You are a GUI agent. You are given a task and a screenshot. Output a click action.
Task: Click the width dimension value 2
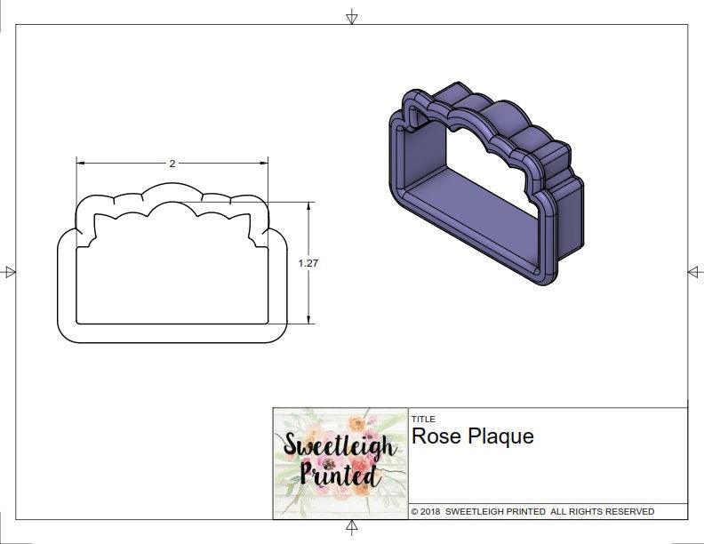[172, 164]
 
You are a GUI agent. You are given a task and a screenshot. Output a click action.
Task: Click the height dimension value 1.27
[308, 263]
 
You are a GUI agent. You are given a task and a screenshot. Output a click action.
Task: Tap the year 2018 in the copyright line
[431, 512]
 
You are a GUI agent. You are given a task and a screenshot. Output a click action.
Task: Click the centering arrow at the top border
[352, 16]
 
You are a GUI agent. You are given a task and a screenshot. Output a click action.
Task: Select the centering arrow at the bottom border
[352, 529]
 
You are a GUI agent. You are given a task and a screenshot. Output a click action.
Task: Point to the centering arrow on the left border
[10, 272]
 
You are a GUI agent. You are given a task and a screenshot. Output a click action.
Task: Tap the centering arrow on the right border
[694, 272]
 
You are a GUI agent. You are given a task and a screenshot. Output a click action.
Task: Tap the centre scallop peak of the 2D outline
[172, 186]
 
